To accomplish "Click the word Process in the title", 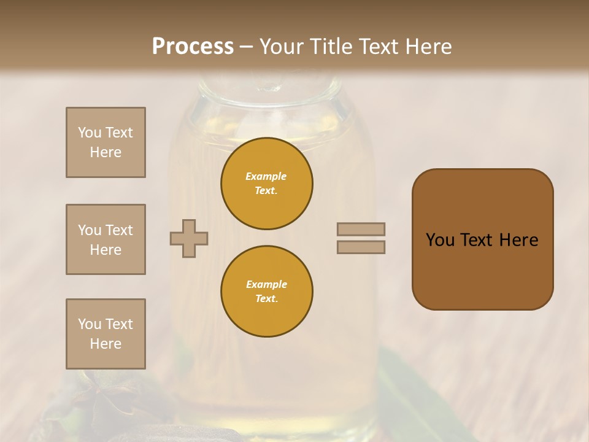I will tap(193, 47).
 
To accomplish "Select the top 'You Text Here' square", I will tap(106, 142).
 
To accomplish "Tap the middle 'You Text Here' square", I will tap(106, 239).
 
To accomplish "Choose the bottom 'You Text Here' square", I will tap(106, 334).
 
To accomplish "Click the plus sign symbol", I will tap(189, 238).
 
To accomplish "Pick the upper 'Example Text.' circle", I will tap(267, 184).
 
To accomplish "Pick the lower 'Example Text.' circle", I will tap(267, 292).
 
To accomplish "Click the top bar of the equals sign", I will tap(361, 229).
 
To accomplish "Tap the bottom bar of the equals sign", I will tap(361, 247).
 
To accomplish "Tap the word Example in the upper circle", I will tap(266, 176).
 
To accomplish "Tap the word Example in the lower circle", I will tap(266, 284).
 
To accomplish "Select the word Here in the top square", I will tap(106, 152).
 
